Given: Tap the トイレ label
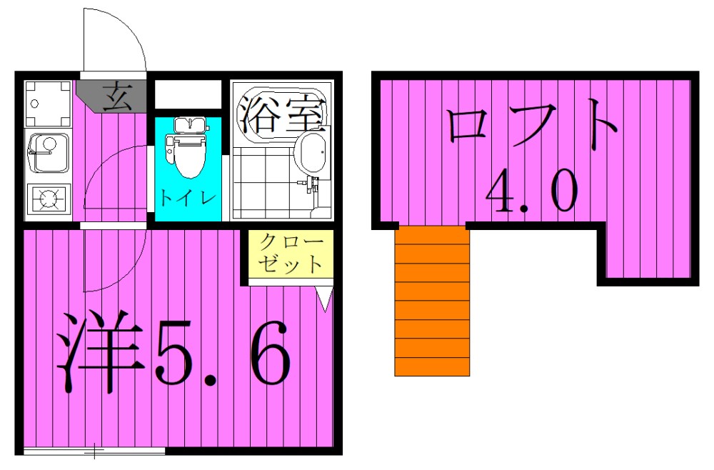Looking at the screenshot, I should coord(187,197).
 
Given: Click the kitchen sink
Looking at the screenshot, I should coord(47,152).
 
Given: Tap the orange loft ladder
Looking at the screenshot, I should coord(432,300).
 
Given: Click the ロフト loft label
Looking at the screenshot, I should coord(532,127).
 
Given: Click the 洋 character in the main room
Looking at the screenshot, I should coord(96,350).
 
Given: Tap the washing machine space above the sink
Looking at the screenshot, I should coord(47,104).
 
